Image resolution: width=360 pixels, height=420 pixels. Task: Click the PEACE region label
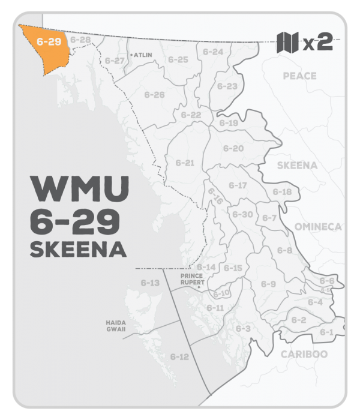[x=299, y=76]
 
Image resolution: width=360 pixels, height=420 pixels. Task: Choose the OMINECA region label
[x=317, y=226]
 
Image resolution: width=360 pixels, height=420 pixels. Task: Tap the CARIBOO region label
[x=304, y=354]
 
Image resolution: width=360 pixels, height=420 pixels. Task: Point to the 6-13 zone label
[x=150, y=283]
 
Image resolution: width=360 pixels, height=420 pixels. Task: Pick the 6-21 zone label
[x=185, y=163]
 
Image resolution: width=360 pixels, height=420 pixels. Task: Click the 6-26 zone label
[x=155, y=95]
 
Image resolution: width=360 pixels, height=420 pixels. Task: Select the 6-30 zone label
[x=242, y=214]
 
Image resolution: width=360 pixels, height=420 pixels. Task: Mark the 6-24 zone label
[x=213, y=52]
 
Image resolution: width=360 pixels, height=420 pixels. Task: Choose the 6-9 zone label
[x=268, y=284]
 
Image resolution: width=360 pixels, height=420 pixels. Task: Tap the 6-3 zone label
[x=242, y=329]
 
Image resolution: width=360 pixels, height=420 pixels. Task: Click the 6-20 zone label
[x=233, y=148]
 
